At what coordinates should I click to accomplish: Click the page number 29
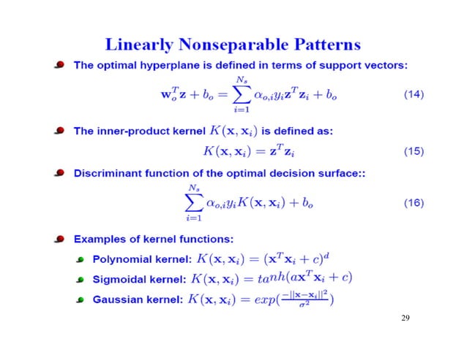point(406,319)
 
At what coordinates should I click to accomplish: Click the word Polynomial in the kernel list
point(120,259)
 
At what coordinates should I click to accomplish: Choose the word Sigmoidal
point(119,278)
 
